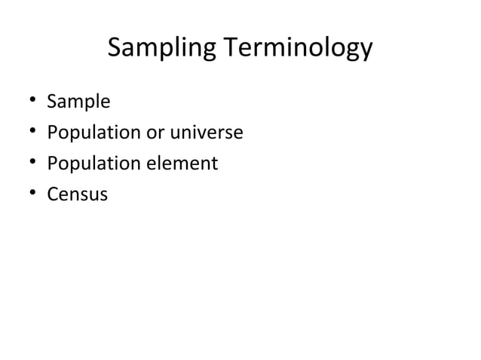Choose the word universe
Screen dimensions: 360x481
tap(207, 133)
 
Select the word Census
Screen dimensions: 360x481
tap(78, 194)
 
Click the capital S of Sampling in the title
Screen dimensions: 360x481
tap(115, 48)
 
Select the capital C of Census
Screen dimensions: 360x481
tap(53, 194)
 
